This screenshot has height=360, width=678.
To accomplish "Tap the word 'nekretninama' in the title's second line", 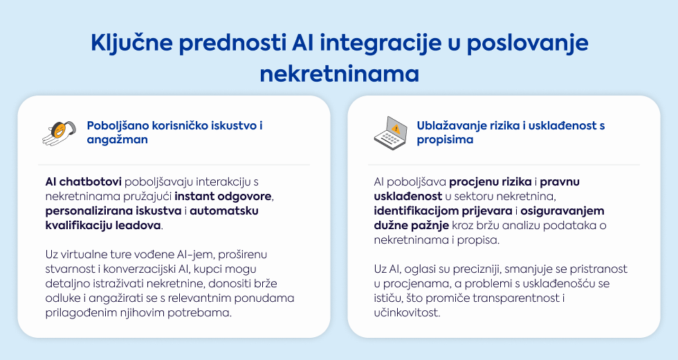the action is tap(340, 74).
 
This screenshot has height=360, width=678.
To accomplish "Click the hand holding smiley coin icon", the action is tap(59, 132).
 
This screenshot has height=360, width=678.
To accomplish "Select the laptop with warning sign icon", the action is tap(390, 133).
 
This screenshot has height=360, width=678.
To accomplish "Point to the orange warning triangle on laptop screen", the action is tap(395, 129).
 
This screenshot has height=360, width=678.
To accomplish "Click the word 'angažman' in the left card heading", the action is tap(117, 140).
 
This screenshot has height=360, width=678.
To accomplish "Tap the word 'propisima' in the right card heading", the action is tap(445, 140).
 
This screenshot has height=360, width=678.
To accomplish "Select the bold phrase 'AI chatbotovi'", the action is tap(84, 181).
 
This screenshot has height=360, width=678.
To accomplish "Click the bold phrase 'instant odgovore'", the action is tap(223, 197).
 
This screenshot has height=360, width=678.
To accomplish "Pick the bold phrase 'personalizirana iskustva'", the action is tap(113, 210).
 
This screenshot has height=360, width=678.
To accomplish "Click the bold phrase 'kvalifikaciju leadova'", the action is tap(103, 226).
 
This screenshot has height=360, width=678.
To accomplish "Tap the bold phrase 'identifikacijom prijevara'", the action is tap(443, 211).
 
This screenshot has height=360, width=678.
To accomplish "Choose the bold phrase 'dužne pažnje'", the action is tap(411, 226).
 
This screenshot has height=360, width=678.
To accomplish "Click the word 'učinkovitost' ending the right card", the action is tap(407, 312).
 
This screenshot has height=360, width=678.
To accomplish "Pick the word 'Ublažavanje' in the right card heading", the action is tap(449, 126).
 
